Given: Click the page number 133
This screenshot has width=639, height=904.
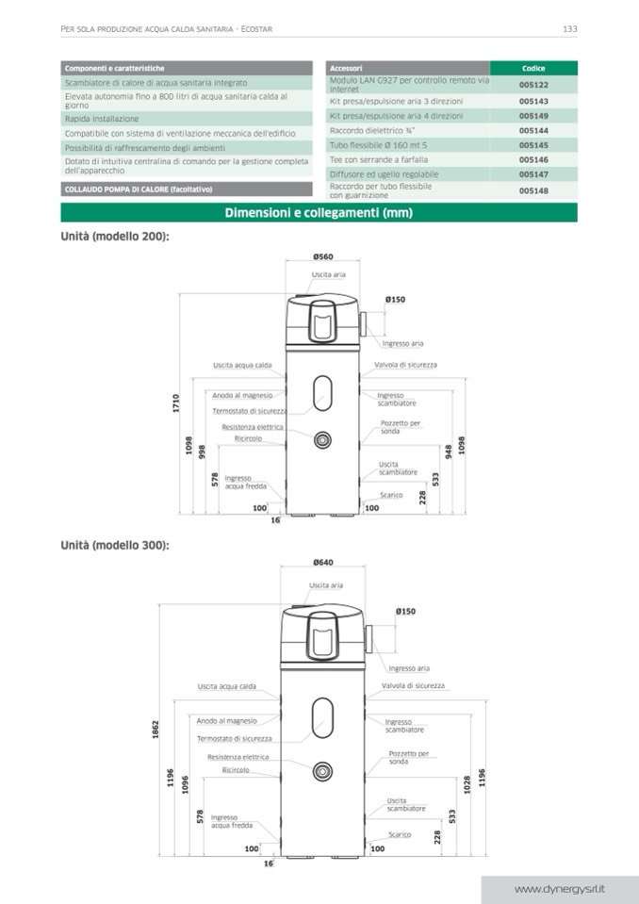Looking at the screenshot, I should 569,29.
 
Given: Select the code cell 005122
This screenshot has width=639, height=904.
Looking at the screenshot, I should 533,85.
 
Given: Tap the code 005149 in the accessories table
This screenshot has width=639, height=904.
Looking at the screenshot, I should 533,116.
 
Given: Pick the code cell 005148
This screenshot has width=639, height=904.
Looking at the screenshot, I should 533,190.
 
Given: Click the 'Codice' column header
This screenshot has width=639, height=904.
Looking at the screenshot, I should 533,69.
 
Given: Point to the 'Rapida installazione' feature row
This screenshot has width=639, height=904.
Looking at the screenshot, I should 102,119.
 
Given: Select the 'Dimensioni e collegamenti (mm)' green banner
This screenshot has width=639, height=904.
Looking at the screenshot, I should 319,213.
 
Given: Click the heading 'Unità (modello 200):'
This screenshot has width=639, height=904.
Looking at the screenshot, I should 115,237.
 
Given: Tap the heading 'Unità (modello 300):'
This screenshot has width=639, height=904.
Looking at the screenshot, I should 115,545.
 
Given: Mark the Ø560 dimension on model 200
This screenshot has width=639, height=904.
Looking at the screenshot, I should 322,256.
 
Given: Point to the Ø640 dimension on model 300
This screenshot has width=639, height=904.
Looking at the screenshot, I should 322,563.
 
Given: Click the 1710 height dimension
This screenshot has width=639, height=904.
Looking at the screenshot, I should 176,403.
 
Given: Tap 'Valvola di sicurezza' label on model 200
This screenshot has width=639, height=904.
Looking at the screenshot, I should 405,365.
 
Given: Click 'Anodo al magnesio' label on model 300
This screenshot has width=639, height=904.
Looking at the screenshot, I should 226,721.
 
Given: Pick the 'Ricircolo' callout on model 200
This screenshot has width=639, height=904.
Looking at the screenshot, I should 249,438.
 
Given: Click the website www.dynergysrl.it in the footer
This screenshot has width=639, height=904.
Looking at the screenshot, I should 559,889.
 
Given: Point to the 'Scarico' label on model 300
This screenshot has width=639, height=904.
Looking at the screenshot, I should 400,834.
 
